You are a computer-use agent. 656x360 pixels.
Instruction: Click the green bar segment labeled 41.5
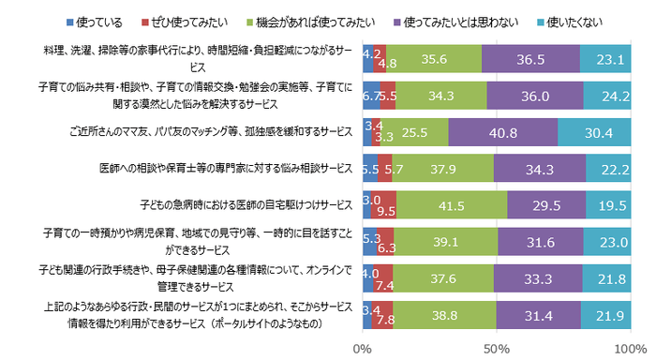pos(452,203)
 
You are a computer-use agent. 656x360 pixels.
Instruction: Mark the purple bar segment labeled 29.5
pos(546,203)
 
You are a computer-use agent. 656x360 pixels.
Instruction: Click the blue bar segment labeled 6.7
pos(371,96)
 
